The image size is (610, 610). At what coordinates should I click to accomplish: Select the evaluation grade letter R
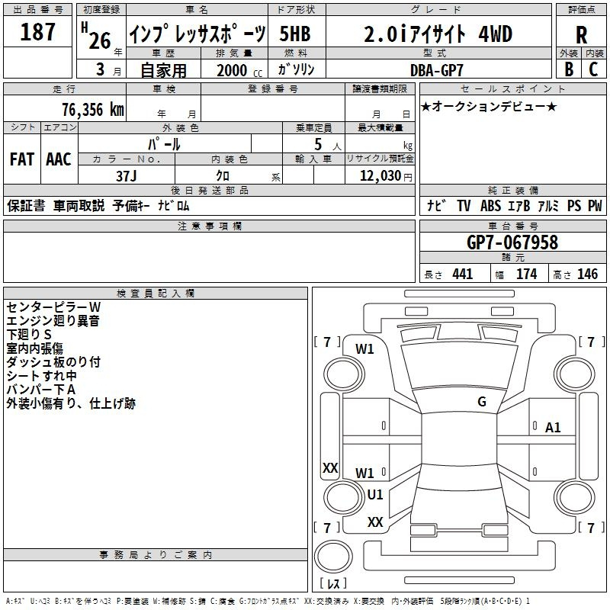pos(581,34)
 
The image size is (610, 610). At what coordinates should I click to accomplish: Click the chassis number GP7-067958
pos(512,242)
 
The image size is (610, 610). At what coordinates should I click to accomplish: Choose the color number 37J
pos(126,175)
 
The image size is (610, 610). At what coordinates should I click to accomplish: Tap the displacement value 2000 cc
pos(233,70)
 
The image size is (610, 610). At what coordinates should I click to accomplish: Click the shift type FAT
pos(21,159)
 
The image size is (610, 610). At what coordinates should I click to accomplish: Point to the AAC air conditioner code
pos(58,159)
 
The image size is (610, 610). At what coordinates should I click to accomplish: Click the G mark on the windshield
pos(481,402)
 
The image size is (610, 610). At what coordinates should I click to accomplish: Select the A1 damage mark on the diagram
pos(553,428)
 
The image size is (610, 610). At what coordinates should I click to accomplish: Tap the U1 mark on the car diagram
pos(375,494)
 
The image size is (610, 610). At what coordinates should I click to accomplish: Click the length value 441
pos(463,274)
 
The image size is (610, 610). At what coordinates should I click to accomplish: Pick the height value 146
pos(587,274)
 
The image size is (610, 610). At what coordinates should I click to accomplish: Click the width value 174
pos(527,274)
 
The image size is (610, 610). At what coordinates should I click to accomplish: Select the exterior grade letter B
pos(568,69)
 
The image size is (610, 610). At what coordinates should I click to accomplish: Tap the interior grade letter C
pos(593,69)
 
